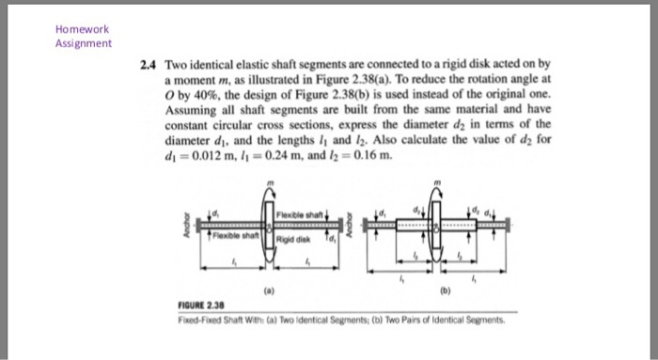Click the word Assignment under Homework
(85, 43)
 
